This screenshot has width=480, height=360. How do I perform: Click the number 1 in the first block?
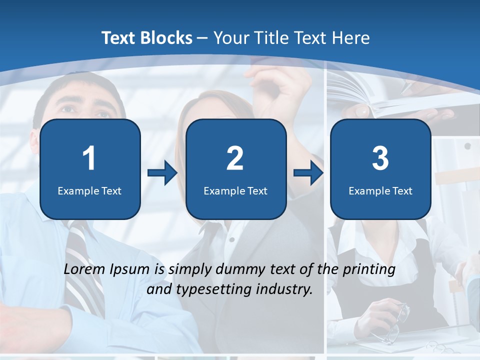click(89, 158)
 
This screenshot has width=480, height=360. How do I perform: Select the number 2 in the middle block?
click(235, 158)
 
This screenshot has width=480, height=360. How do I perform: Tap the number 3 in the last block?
click(380, 158)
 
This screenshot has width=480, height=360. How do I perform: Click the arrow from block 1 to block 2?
click(162, 173)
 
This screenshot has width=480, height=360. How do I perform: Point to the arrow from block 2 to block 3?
click(308, 173)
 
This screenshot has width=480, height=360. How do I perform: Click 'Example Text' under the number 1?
click(89, 190)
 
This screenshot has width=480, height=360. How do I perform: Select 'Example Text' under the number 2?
click(235, 190)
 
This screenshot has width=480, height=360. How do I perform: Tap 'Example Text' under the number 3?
click(380, 190)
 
